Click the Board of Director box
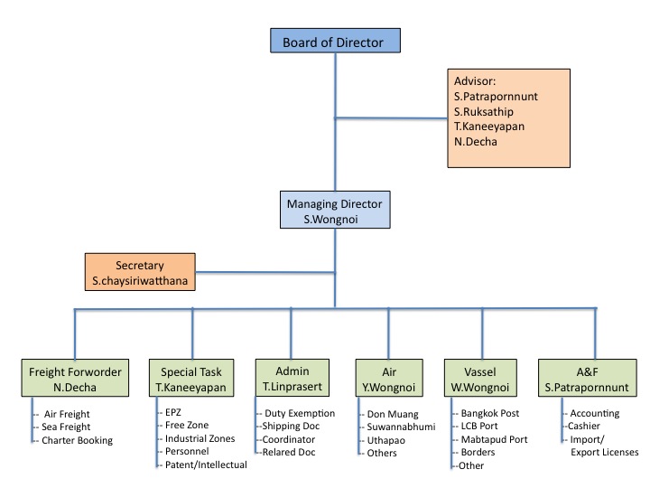pyautogui.click(x=334, y=42)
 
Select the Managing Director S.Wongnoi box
pyautogui.click(x=334, y=211)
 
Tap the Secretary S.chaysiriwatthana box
pyautogui.click(x=140, y=273)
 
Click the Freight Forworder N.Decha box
pyautogui.click(x=75, y=379)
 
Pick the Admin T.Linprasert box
pyautogui.click(x=292, y=379)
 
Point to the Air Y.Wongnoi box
pyautogui.click(x=388, y=379)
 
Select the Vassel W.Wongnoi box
pyautogui.click(x=482, y=379)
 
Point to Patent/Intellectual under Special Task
pyautogui.click(x=206, y=465)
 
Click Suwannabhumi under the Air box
pyautogui.click(x=402, y=427)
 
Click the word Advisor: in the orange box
pyautogui.click(x=476, y=79)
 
